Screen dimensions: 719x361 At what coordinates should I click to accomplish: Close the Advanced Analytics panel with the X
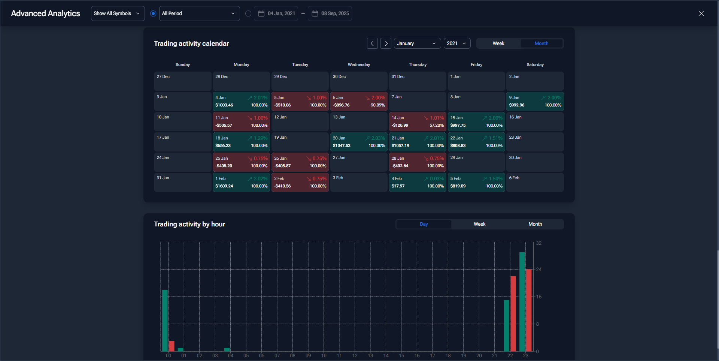701,13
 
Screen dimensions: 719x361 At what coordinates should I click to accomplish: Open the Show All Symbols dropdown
118,13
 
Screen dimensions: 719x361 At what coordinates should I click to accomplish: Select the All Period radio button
153,13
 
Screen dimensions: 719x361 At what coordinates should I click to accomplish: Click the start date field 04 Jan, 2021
276,13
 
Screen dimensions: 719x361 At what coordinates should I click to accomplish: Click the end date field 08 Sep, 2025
330,13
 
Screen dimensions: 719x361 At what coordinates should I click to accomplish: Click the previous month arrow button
372,43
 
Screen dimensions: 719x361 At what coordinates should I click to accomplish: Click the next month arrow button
386,43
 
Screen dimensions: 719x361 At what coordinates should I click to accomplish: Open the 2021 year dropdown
457,43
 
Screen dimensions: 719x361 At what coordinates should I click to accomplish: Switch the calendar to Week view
498,43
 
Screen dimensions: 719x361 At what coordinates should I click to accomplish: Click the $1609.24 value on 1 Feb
224,186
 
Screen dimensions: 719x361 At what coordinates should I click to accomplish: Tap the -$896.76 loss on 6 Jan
341,105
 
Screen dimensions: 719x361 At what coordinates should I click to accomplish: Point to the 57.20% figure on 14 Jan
437,126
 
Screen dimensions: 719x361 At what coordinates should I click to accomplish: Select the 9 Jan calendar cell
535,102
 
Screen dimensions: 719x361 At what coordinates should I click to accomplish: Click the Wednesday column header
359,64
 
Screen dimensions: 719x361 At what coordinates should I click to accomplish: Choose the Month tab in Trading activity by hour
535,224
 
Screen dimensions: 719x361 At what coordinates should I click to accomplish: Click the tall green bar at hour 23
522,302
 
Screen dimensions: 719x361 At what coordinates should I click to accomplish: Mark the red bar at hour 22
513,314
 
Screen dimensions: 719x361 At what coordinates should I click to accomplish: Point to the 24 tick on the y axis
539,270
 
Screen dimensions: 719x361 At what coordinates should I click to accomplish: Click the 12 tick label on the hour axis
355,356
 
